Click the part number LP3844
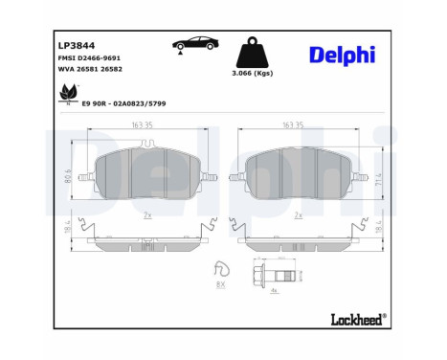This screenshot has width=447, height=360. pos(77,45)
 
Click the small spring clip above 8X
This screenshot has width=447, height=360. pos(221,268)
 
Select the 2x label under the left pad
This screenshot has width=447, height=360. pos(146,216)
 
